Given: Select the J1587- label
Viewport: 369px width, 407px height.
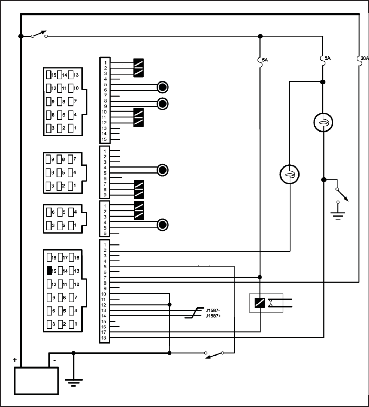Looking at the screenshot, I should (214, 311).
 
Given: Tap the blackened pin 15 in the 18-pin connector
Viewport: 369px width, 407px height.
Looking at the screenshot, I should (49, 271).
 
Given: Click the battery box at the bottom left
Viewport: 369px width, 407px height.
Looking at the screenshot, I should (35, 381).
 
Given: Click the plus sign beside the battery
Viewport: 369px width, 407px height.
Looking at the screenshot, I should (15, 360).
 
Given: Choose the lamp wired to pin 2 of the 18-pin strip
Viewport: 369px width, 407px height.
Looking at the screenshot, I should (289, 174).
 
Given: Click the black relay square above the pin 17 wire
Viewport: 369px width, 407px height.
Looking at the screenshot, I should (260, 303).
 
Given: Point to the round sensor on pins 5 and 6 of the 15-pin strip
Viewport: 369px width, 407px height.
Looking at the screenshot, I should (162, 87).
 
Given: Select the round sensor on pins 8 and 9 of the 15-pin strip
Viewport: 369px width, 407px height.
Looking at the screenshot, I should (162, 103).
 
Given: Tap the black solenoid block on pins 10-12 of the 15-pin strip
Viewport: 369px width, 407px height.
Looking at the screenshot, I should (139, 117).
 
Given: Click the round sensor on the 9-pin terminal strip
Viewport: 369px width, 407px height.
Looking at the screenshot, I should (162, 170).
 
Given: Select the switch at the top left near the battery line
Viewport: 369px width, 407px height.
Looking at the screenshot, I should (39, 35).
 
